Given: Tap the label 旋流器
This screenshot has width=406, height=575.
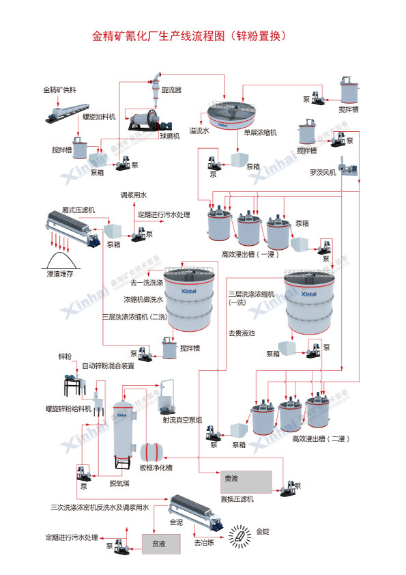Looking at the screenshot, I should coord(171,89).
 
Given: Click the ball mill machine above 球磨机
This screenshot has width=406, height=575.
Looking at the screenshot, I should coord(141,121).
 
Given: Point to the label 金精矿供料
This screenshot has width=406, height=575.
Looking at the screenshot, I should coord(59,89).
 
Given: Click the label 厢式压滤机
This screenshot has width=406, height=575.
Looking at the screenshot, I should coord(78,210).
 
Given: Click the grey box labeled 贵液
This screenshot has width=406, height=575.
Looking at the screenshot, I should coord(244,481).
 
